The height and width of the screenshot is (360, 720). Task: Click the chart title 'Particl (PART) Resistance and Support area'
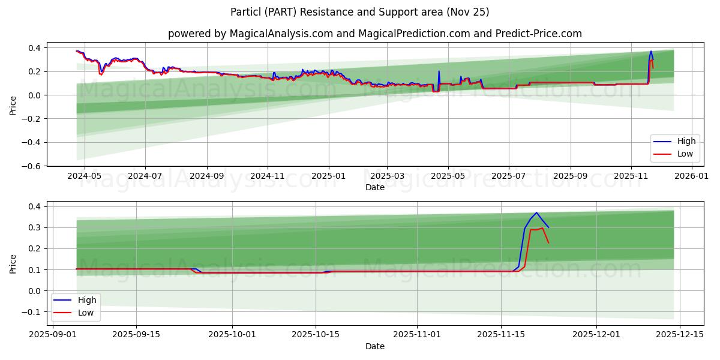coord(360,12)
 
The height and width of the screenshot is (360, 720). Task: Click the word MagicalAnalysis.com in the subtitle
coord(281,34)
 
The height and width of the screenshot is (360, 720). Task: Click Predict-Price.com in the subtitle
coord(538,34)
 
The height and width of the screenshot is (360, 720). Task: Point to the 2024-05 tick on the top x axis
coord(84,176)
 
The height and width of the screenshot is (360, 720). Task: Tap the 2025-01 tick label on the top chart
coord(328,176)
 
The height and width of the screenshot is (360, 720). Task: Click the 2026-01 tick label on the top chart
coord(692,176)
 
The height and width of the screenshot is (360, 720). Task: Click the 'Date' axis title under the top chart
coord(375,187)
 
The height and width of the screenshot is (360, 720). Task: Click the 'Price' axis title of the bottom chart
coord(13,263)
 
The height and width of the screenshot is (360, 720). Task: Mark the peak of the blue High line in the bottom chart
coord(536,212)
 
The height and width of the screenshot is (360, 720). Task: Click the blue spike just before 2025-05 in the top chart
coord(439,71)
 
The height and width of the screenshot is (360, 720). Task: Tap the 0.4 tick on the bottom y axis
coord(35,206)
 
